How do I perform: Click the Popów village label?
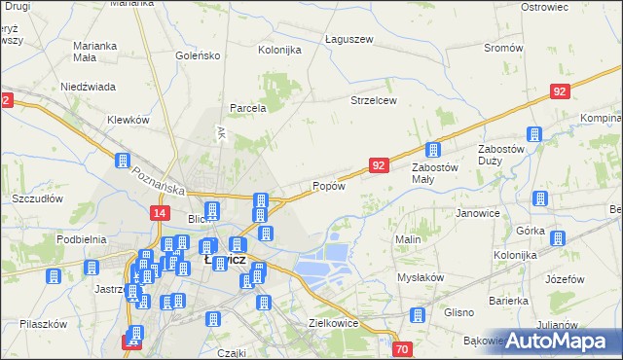[328, 187]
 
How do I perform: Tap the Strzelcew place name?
[376, 99]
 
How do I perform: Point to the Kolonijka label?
[278, 50]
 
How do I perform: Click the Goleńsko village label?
[197, 56]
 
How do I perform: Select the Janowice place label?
[478, 213]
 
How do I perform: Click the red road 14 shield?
[161, 212]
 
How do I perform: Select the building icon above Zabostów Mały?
[433, 150]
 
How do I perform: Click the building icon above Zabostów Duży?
[533, 134]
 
